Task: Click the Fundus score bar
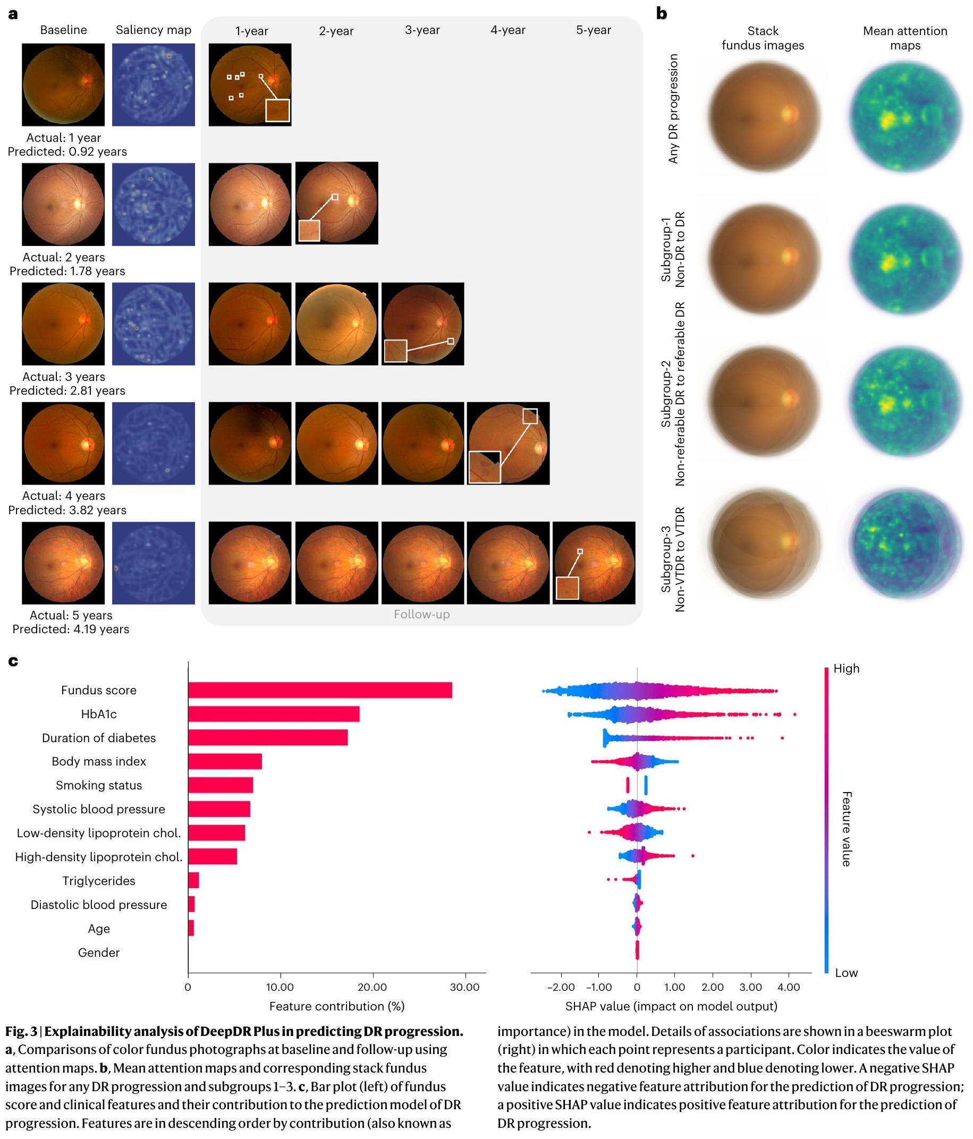pos(320,690)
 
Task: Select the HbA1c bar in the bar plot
pos(274,713)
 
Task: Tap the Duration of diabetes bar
pos(268,738)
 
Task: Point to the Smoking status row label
pos(99,785)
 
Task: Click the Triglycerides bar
pos(193,881)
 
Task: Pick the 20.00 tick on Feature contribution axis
pos(372,987)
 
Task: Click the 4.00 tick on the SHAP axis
pos(788,987)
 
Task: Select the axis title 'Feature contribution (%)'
pos(336,1006)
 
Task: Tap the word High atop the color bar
pos(846,668)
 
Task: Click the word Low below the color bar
pos(846,973)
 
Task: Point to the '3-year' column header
pos(422,30)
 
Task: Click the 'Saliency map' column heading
pos(154,30)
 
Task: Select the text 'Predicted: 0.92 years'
pos(67,152)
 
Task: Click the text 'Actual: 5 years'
pos(71,615)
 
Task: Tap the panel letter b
pos(661,14)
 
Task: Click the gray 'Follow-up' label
pos(421,614)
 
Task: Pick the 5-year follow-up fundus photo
pos(594,563)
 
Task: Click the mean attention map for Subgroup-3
pos(906,543)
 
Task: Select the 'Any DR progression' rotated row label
pos(673,108)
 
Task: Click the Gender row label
pos(99,952)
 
